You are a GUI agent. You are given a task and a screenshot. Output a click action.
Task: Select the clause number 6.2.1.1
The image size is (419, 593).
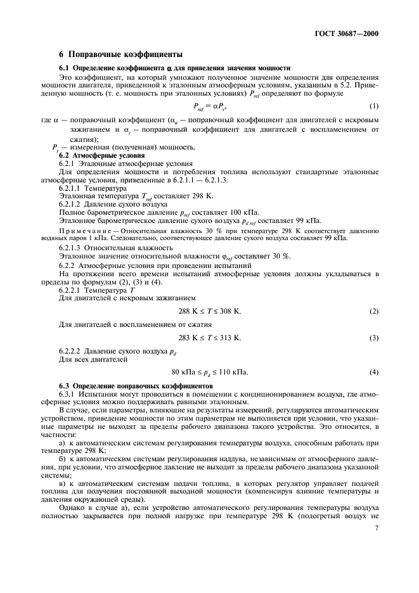pyautogui.click(x=72, y=188)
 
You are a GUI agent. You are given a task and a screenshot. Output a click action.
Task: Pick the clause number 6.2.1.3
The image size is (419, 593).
pyautogui.click(x=72, y=247)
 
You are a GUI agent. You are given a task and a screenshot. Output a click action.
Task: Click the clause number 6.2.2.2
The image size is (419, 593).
pyautogui.click(x=72, y=350)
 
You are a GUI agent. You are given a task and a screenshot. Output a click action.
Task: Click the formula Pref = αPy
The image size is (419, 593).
pyautogui.click(x=210, y=106)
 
